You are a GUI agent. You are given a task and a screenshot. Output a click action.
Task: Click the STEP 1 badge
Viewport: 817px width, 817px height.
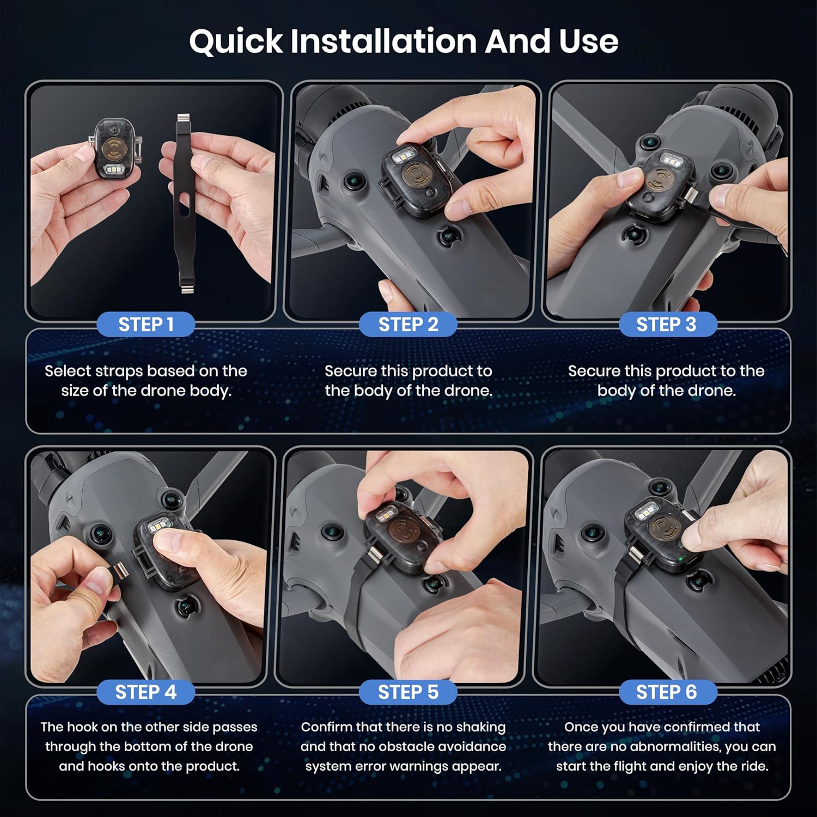(x=146, y=325)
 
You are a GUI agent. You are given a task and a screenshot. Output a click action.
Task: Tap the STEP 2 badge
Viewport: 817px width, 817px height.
(x=408, y=325)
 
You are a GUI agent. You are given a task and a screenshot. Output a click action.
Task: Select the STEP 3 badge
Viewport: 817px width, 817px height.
(x=666, y=325)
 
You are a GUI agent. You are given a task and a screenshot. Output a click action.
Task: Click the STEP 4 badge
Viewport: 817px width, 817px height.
(x=146, y=692)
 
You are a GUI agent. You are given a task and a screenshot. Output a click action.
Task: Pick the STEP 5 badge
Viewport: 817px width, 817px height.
(x=408, y=692)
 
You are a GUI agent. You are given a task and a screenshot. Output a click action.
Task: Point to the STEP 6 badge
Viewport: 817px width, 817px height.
(x=666, y=692)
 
